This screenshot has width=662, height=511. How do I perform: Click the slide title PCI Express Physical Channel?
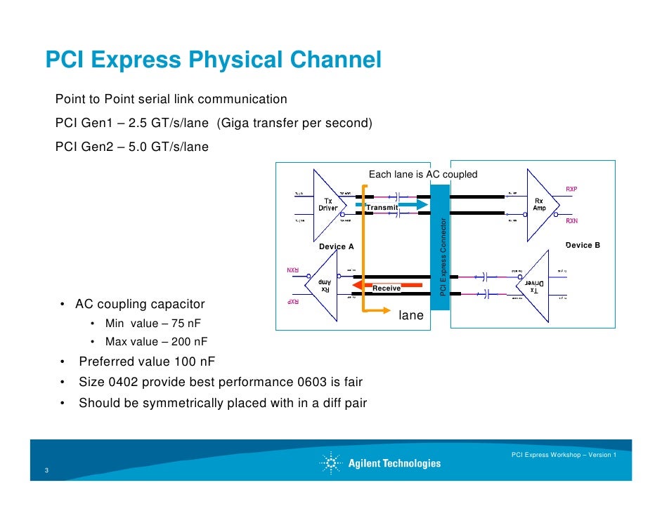[213, 61]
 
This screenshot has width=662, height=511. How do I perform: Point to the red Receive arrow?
[385, 286]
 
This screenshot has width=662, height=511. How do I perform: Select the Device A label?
[336, 247]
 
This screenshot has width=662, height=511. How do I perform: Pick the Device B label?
[583, 246]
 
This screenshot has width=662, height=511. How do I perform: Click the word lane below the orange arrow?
[411, 316]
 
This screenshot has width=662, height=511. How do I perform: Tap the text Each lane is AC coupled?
[423, 174]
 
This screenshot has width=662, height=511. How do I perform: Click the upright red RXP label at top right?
[571, 189]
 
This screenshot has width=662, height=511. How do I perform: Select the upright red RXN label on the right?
[571, 220]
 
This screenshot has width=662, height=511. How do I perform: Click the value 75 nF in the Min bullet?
[174, 324]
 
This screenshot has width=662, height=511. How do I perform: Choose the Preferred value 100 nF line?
[147, 362]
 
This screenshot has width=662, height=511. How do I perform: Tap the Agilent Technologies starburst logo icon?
[331, 463]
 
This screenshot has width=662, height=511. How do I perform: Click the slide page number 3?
[46, 470]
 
